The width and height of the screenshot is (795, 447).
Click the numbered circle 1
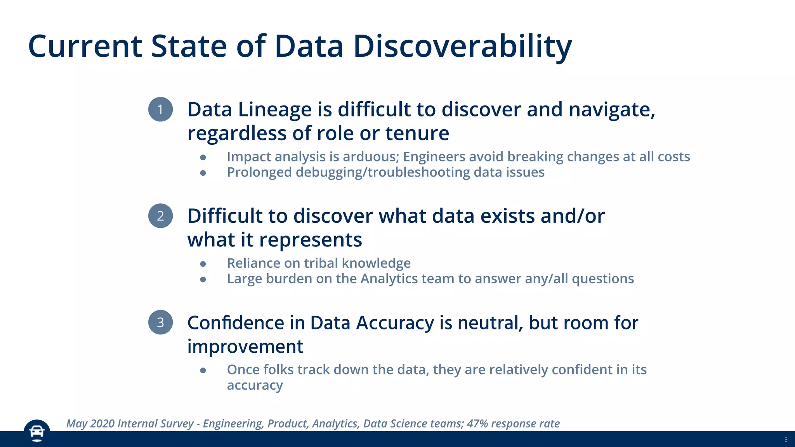[x=160, y=109]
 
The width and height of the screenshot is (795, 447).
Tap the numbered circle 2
[x=160, y=216]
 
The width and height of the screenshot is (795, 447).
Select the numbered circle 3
[x=160, y=322]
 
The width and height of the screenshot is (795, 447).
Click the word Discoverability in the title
[x=462, y=47]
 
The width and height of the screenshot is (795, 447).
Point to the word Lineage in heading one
[x=274, y=110]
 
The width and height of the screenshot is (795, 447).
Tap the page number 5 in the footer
[x=786, y=440]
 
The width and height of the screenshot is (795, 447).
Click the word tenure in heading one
[x=417, y=133]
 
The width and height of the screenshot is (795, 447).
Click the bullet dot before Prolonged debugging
[x=203, y=173]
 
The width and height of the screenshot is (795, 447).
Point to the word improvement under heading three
[x=245, y=347]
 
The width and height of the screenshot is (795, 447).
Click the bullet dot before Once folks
[x=203, y=371]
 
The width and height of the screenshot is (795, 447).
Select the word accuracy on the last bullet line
[x=255, y=386]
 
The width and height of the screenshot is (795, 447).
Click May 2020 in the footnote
[x=90, y=423]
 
